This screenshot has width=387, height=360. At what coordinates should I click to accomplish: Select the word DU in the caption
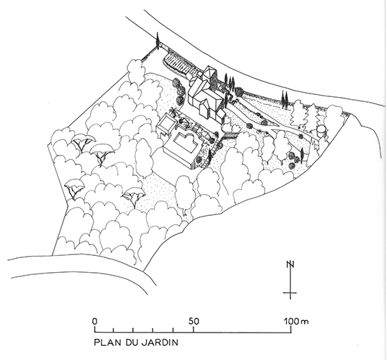[131, 342]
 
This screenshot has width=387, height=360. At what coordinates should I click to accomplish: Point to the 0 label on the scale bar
[94, 321]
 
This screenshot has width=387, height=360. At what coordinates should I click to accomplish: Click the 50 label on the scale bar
[194, 321]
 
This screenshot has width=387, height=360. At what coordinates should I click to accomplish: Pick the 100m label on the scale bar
[296, 321]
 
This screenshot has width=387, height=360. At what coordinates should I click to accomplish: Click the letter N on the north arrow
[290, 264]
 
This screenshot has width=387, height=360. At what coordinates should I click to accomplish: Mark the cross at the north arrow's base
[290, 293]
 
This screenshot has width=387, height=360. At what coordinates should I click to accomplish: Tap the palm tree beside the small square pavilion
[174, 112]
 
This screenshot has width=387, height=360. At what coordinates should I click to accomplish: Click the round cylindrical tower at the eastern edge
[322, 131]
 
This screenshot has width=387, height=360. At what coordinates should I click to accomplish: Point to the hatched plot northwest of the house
[180, 62]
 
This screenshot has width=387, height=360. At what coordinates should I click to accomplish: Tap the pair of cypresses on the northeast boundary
[285, 99]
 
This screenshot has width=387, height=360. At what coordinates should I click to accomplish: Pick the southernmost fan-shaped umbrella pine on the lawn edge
[134, 196]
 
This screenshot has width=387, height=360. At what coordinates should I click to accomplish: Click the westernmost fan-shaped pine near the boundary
[74, 188]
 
